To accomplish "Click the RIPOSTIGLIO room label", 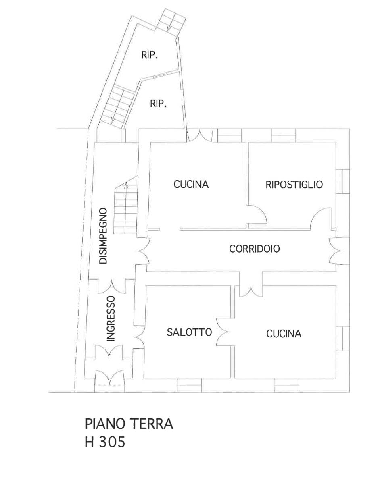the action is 294,185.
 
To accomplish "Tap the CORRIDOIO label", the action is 255,249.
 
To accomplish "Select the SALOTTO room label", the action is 189,332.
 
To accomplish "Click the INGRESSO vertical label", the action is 111,318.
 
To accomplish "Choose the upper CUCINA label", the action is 191,185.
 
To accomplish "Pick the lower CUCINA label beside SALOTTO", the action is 284,334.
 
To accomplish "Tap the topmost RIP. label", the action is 150,55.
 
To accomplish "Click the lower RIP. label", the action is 158,104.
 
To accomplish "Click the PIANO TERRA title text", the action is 129,424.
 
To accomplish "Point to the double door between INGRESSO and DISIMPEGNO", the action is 112,285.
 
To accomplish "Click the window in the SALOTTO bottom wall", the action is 189,385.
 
